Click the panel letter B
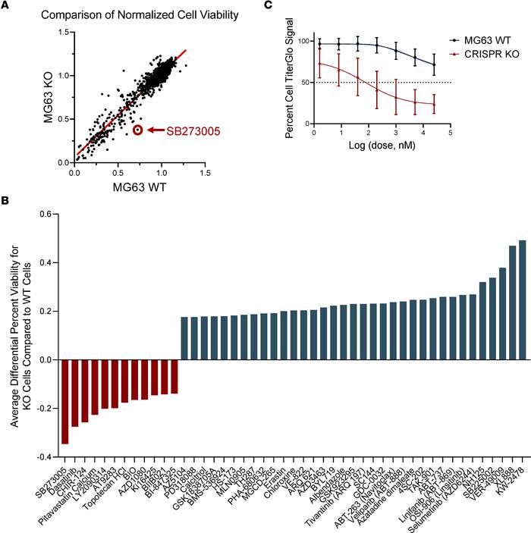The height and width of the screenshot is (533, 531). [5, 201]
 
